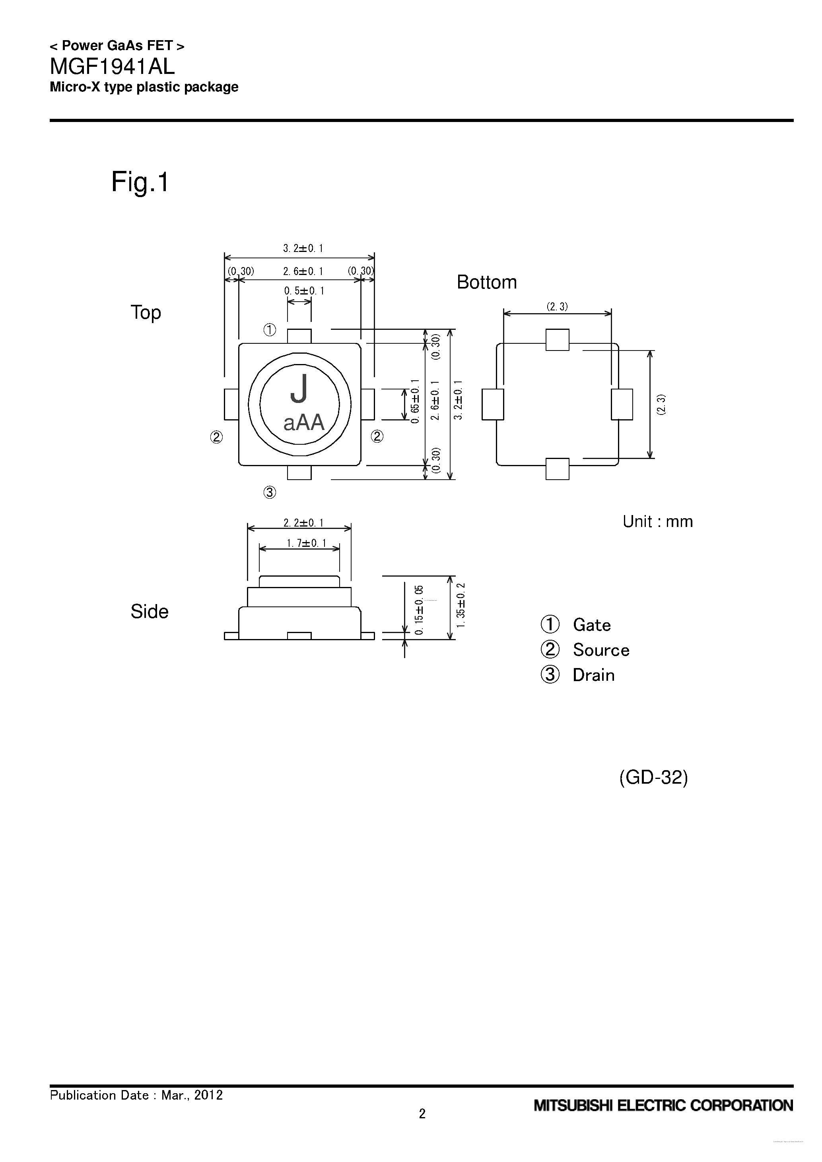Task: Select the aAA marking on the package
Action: click(303, 422)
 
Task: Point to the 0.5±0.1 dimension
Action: click(304, 291)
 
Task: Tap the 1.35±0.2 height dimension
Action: click(461, 605)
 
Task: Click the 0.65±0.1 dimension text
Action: click(415, 401)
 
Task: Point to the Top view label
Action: click(146, 312)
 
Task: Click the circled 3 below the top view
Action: click(270, 492)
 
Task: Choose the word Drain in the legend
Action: click(594, 675)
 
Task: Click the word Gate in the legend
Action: click(592, 625)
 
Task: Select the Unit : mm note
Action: click(657, 521)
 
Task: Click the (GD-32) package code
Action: click(653, 777)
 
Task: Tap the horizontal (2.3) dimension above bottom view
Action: click(557, 306)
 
